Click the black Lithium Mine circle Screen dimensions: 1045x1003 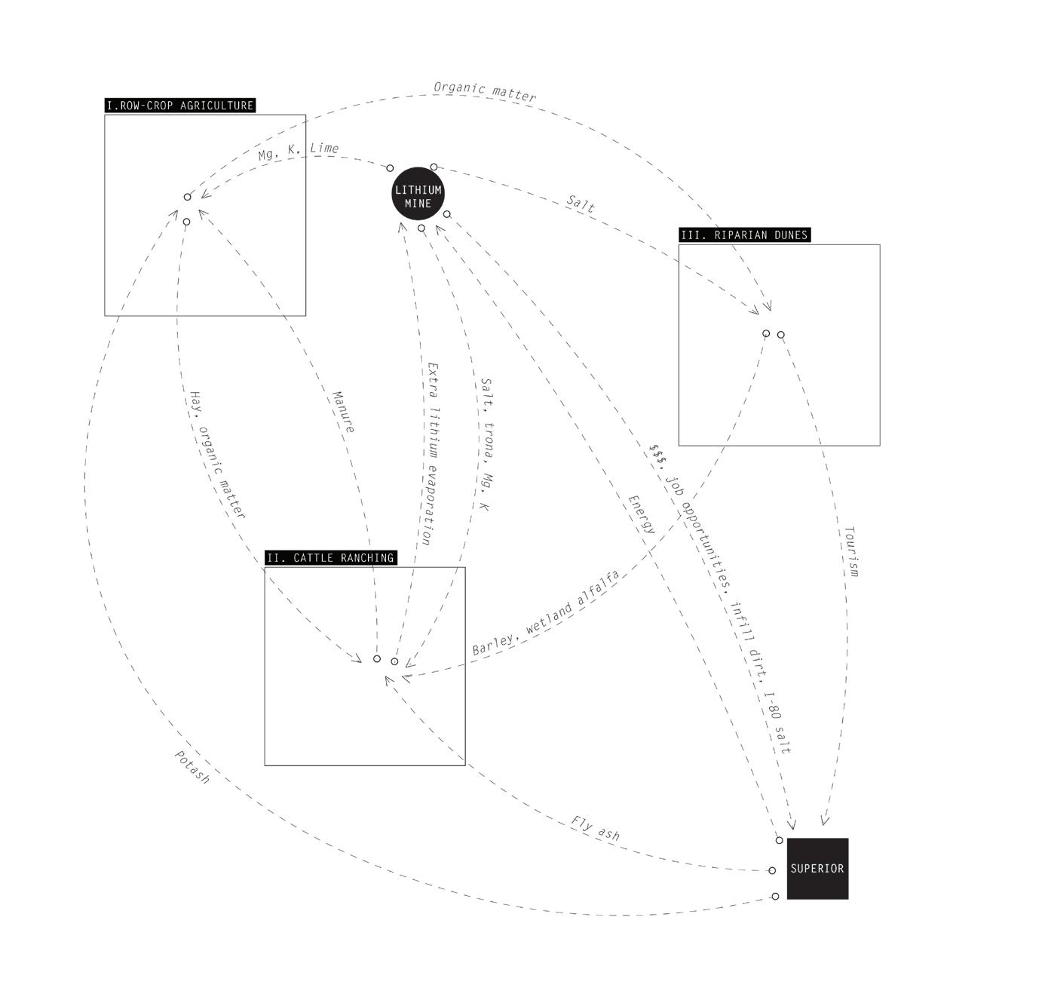[x=418, y=194]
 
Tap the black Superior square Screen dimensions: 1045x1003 [x=817, y=868]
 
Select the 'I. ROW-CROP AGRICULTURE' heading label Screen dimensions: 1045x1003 [x=180, y=106]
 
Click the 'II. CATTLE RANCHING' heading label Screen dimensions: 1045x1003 [x=330, y=558]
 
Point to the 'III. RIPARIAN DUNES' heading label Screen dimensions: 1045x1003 [x=744, y=235]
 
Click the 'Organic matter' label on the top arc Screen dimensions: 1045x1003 [x=485, y=91]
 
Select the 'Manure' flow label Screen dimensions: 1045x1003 [x=343, y=412]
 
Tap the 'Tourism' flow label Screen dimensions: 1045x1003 [x=850, y=551]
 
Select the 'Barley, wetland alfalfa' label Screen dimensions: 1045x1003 [x=546, y=613]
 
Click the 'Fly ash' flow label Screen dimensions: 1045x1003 [x=595, y=828]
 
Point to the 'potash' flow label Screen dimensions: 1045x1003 [x=192, y=766]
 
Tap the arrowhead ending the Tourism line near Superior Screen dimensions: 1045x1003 [x=824, y=819]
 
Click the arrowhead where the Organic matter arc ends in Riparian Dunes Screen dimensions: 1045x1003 [x=768, y=305]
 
